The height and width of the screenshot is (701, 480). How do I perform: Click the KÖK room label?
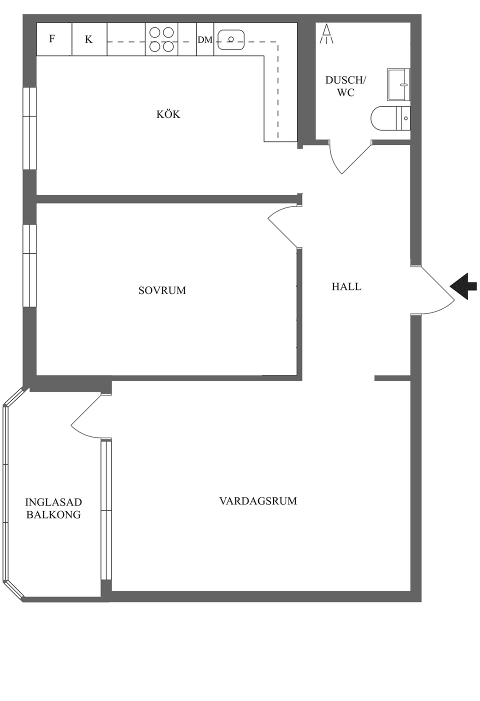[168, 114]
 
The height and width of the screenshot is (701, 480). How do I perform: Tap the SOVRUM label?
[162, 290]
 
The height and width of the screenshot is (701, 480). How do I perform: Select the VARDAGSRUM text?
[258, 500]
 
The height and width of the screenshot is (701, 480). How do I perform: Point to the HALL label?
[346, 286]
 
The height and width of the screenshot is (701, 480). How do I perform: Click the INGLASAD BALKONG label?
[53, 508]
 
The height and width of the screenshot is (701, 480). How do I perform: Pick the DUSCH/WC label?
[345, 86]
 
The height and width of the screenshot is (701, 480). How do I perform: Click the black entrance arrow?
[463, 286]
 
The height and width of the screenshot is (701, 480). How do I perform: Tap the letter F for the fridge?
[52, 38]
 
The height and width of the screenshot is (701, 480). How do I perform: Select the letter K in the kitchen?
[89, 39]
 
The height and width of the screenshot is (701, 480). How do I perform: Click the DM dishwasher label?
[205, 39]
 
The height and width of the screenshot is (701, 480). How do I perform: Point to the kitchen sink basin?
[231, 39]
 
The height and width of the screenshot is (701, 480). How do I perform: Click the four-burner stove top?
[161, 39]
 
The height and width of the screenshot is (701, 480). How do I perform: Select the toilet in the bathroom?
[390, 118]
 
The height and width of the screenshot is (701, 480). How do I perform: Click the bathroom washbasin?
[399, 85]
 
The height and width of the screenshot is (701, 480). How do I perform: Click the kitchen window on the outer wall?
[29, 128]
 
